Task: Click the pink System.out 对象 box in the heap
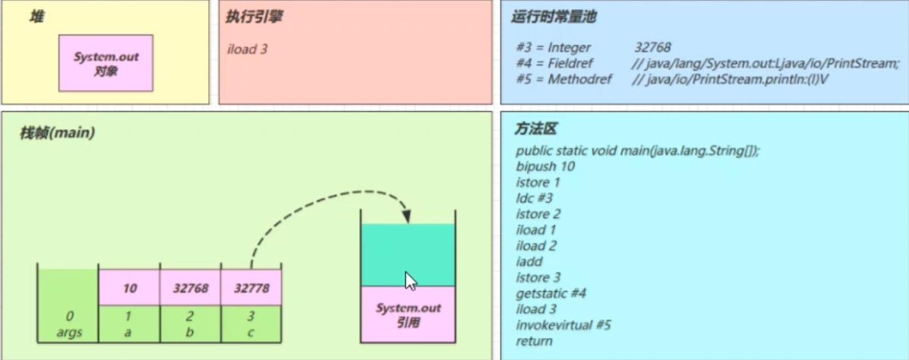(x=106, y=63)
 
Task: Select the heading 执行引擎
(x=254, y=17)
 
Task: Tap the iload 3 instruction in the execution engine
(x=247, y=49)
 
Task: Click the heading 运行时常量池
(x=554, y=17)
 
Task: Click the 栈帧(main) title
(x=58, y=133)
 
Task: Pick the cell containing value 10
(x=130, y=288)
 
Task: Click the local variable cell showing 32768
(x=190, y=288)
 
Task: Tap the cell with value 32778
(x=251, y=288)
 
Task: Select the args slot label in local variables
(x=69, y=332)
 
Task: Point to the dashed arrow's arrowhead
(x=408, y=216)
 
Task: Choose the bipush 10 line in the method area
(x=545, y=167)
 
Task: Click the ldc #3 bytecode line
(x=534, y=198)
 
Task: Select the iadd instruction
(x=527, y=261)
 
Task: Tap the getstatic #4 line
(x=551, y=293)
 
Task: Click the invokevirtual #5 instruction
(x=563, y=324)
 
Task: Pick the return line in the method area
(x=534, y=341)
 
